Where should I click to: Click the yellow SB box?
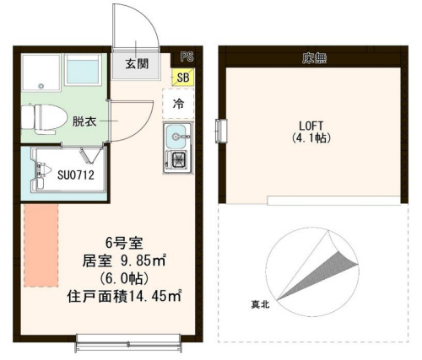click(182, 78)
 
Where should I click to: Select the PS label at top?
click(186, 56)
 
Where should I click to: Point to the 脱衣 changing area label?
click(84, 121)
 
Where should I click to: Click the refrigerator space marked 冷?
click(178, 105)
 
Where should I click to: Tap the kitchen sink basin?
click(177, 135)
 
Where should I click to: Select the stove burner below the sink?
click(178, 160)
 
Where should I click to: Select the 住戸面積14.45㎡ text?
click(123, 297)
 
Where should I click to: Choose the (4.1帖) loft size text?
click(310, 137)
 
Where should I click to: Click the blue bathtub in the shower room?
click(81, 73)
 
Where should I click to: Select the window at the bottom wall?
click(127, 342)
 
